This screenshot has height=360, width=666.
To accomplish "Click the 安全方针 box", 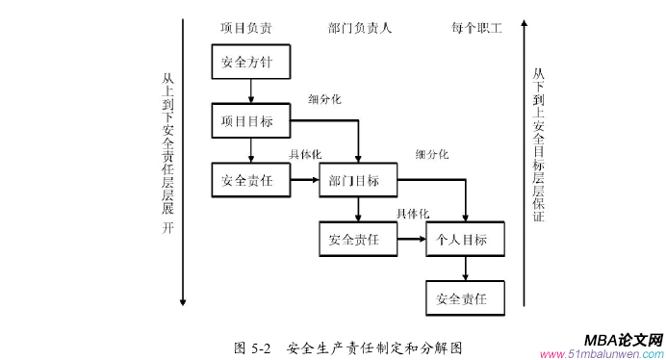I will pos(251,63).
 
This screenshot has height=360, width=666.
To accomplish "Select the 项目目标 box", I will pos(251,120).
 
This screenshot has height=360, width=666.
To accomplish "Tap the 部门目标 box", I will pos(358,179).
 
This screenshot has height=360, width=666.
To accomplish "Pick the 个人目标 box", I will pos(466,239).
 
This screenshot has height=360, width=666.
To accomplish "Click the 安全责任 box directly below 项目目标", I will pos(251,179).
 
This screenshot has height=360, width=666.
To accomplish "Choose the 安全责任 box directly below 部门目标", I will pos(358,239).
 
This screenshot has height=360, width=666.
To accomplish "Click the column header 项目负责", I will pos(245,28).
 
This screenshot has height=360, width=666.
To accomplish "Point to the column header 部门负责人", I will pos(359,28).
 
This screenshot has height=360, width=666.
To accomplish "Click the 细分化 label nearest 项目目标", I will pos(324,98).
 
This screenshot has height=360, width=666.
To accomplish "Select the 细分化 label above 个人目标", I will pos(432,155).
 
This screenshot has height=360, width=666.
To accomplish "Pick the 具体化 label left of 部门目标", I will pos(305,155).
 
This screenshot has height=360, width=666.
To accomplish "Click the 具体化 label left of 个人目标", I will pos(412,214).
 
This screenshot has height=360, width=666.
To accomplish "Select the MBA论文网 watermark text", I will pos(624,340).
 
